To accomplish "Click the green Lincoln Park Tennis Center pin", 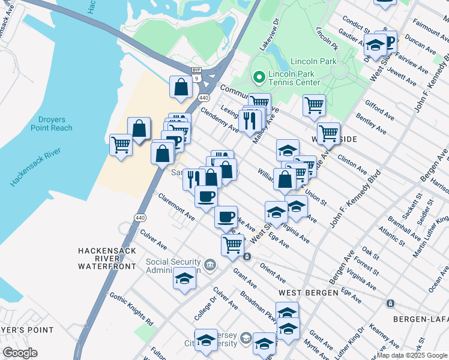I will [x=259, y=77].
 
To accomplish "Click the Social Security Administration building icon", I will [x=210, y=265].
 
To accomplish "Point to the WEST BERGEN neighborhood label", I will [x=302, y=292].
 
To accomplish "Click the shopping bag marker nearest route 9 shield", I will [x=181, y=87].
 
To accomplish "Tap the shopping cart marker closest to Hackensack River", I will [x=121, y=145].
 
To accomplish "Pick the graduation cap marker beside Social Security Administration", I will [x=184, y=278].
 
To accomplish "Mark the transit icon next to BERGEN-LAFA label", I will [x=391, y=303].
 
